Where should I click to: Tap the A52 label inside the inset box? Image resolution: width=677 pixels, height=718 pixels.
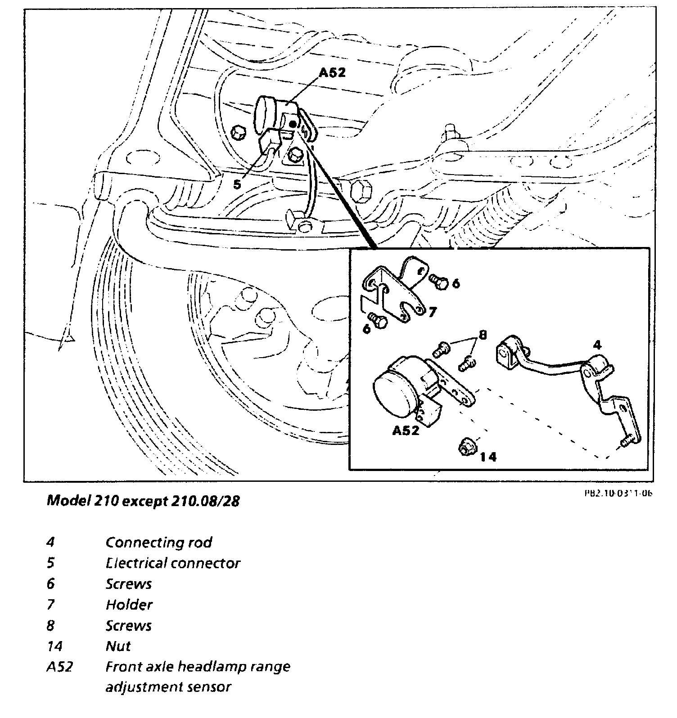click(406, 431)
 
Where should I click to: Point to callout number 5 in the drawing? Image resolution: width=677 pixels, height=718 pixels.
click(237, 184)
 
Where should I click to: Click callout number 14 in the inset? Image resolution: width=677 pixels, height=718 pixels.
click(488, 457)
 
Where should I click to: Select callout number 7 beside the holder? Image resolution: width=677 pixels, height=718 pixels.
click(432, 312)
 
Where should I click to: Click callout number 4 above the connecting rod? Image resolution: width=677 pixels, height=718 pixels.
click(596, 346)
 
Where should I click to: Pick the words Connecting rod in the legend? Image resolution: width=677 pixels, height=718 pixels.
click(158, 542)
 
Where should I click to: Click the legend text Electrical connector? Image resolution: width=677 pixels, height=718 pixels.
click(173, 563)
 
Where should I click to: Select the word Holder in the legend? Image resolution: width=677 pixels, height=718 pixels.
click(129, 605)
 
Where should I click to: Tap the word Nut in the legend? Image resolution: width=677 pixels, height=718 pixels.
click(118, 646)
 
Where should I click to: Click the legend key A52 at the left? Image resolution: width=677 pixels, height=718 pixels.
click(59, 667)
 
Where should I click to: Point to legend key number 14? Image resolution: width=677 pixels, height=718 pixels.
click(54, 646)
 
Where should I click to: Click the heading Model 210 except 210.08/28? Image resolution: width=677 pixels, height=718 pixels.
click(143, 501)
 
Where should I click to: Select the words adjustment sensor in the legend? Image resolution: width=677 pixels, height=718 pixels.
click(168, 687)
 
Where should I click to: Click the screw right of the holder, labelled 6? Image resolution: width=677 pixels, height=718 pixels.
click(438, 281)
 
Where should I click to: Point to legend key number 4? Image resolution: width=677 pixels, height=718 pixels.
click(50, 542)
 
